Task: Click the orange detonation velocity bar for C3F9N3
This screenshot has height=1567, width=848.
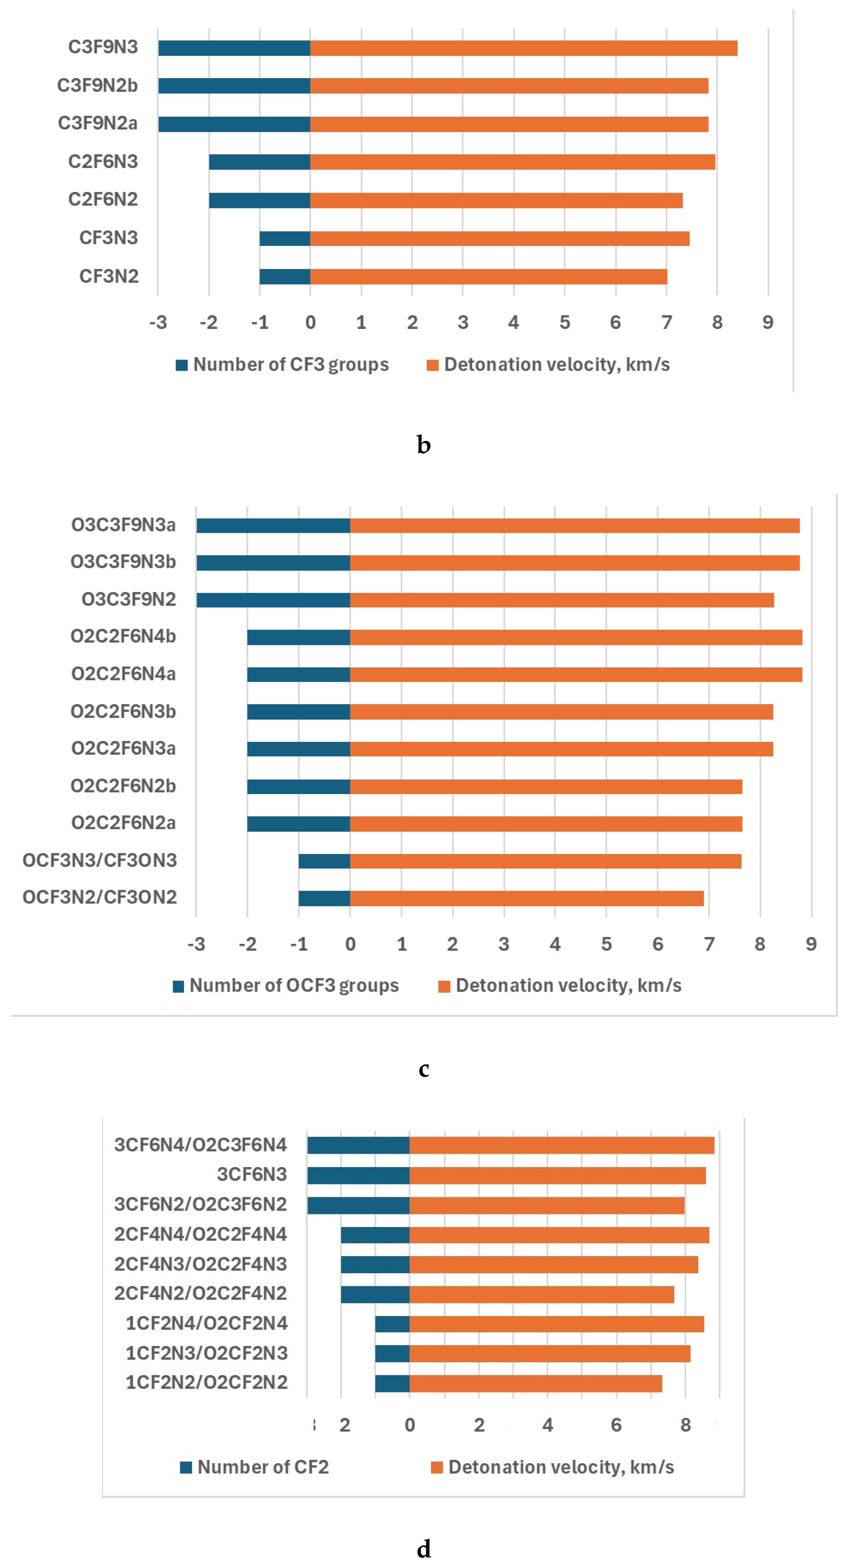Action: coord(523,48)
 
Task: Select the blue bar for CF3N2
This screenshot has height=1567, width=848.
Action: coord(285,276)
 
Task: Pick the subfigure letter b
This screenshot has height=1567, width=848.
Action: coord(424,445)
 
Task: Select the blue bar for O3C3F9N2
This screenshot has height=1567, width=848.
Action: coord(273,600)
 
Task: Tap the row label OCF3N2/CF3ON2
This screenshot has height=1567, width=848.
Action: coord(100,897)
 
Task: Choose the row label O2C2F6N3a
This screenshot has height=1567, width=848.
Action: coord(124,748)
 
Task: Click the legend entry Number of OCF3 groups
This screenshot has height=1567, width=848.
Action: coord(286,985)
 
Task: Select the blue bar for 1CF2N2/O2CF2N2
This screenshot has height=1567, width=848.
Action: coord(392,1383)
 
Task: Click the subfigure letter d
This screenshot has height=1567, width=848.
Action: coord(424,1548)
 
